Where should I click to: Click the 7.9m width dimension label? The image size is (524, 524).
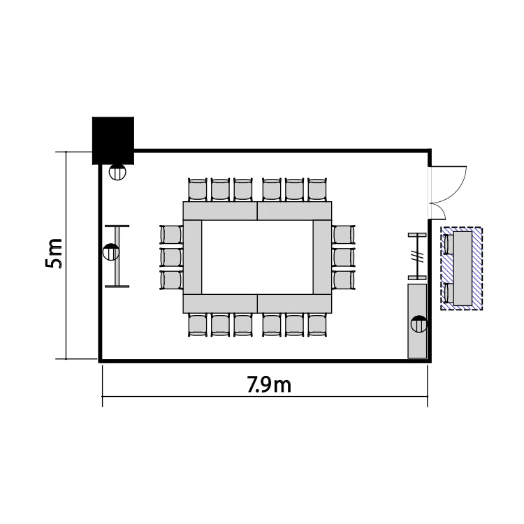pyautogui.click(x=269, y=384)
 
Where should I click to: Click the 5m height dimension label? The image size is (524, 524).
pyautogui.click(x=54, y=254)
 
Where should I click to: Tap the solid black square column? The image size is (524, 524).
pyautogui.click(x=113, y=140)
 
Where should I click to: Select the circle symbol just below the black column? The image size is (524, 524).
pyautogui.click(x=117, y=173)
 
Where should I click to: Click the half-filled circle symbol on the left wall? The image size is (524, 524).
pyautogui.click(x=111, y=252)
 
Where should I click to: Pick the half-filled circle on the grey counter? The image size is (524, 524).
pyautogui.click(x=419, y=323)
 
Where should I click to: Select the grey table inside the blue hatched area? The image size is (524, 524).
pyautogui.click(x=463, y=268)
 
